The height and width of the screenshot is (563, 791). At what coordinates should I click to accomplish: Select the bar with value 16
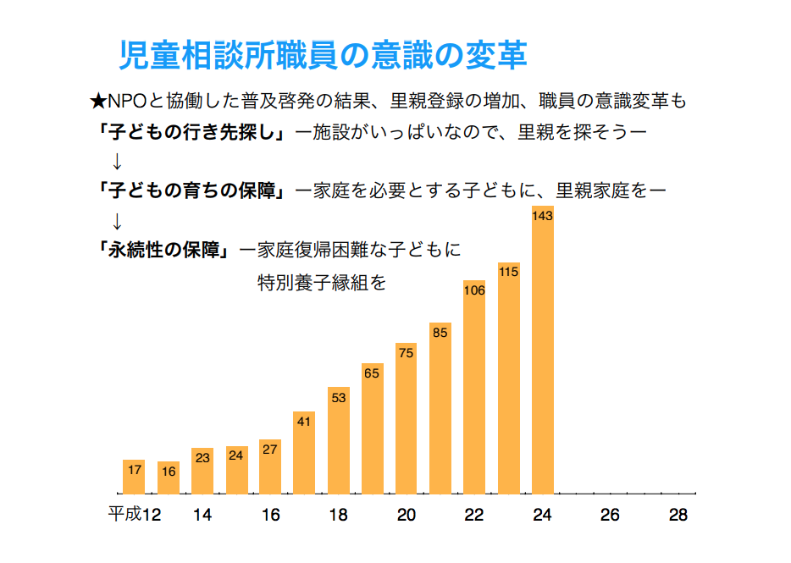coord(169,479)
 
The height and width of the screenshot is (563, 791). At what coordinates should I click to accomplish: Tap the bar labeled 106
coord(474,389)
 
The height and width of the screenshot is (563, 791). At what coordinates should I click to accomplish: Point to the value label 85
coord(440,333)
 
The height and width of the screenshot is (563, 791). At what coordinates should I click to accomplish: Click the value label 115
coord(509,272)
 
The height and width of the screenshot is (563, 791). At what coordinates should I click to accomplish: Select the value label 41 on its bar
coord(305,421)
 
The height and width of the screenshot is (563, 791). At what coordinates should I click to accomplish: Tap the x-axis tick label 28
coord(678,515)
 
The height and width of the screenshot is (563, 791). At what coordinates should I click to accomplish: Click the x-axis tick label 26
coord(610,515)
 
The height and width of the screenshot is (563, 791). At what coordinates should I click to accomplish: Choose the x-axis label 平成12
coord(135,515)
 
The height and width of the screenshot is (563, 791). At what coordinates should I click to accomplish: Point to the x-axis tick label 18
coord(339,515)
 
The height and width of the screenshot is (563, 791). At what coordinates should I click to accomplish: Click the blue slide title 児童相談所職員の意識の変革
coord(323,55)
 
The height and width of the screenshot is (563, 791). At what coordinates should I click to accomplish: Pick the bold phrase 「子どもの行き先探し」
coord(194,133)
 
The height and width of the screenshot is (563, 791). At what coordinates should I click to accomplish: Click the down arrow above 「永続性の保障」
coord(118,222)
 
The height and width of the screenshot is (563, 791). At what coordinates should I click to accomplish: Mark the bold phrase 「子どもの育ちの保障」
coord(194,190)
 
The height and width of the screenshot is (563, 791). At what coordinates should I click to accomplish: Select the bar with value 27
coord(270,467)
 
